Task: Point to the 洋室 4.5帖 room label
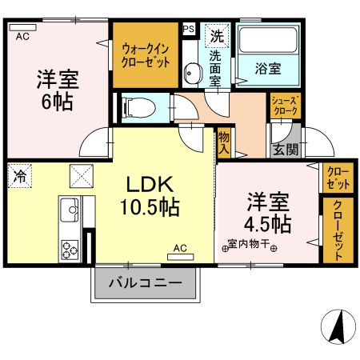click(267, 210)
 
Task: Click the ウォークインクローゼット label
click(146, 54)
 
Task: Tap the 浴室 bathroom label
click(268, 69)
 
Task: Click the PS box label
click(189, 30)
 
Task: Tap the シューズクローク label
click(286, 106)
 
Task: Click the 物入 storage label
click(224, 142)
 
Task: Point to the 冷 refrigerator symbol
click(18, 177)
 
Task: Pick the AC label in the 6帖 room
click(22, 36)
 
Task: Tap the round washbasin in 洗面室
click(192, 75)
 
